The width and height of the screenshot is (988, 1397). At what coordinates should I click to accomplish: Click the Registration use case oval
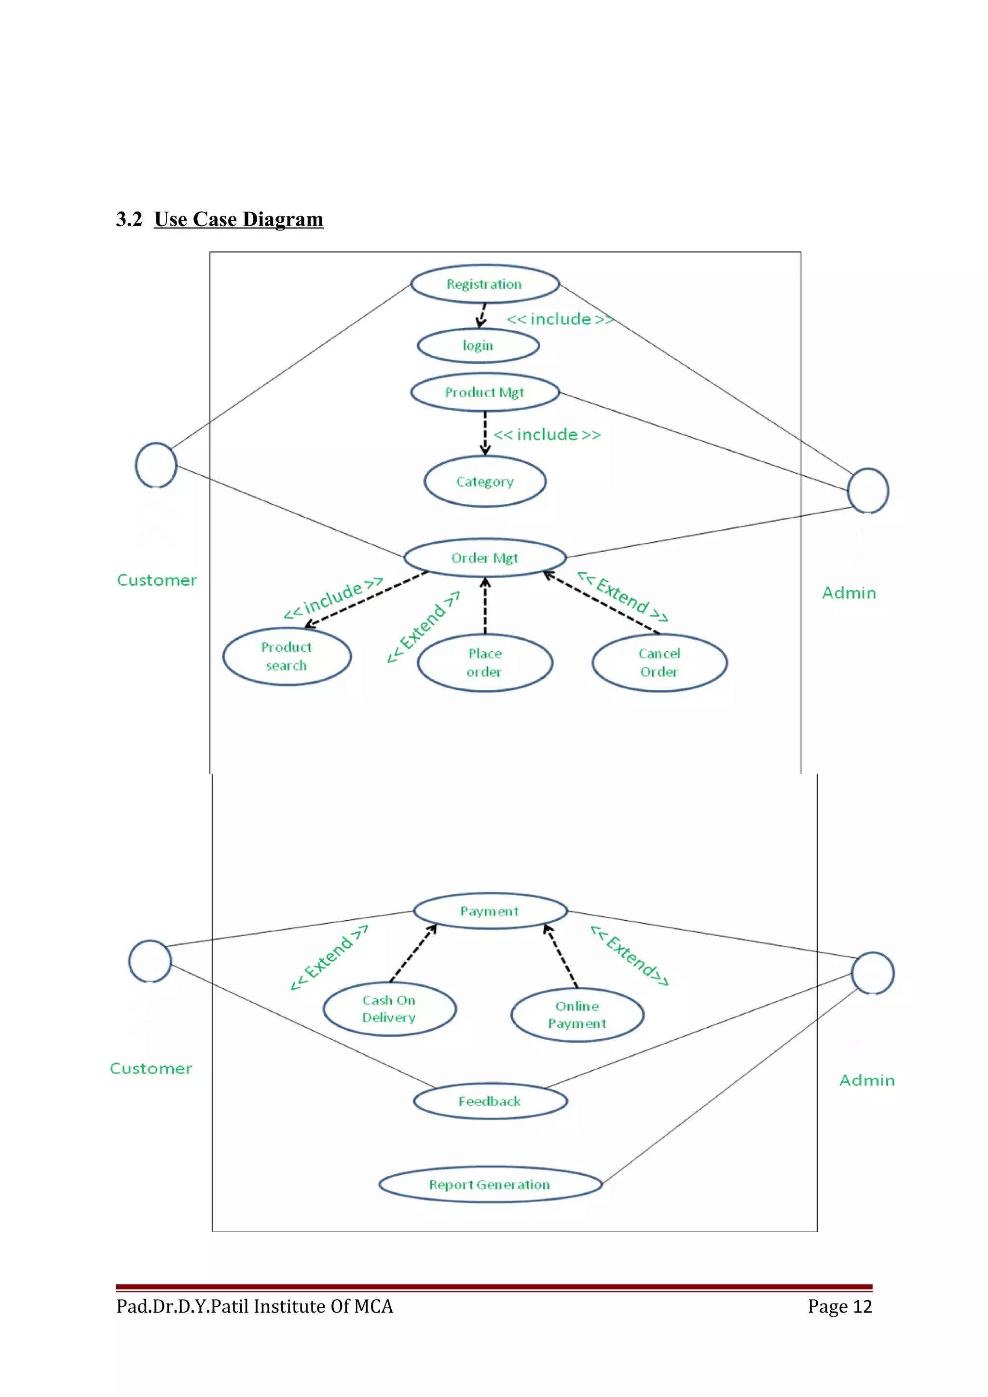point(484,284)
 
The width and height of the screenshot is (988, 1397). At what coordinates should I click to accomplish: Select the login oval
point(478,346)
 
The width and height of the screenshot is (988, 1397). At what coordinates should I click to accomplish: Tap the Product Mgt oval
point(484,392)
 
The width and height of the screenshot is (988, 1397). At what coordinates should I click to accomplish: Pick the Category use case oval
point(484,481)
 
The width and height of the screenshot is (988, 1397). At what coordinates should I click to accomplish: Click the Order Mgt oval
point(484,557)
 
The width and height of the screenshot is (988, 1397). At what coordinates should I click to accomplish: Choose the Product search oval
point(286,656)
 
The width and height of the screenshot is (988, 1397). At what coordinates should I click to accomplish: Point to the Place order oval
point(484,663)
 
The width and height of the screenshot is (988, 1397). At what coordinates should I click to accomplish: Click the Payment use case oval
point(490,911)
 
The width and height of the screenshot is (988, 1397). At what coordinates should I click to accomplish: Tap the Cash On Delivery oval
point(389,1009)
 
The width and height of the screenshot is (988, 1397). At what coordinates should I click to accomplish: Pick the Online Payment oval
point(577,1015)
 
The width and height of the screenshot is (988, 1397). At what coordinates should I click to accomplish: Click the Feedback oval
point(490,1101)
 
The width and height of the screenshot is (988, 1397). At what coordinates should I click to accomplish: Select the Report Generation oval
point(490,1184)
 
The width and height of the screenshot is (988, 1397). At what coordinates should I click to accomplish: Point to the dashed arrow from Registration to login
point(481,315)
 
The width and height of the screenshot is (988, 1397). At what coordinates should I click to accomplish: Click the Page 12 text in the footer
point(839,1306)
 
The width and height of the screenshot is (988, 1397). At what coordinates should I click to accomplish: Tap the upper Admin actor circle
point(867,490)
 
